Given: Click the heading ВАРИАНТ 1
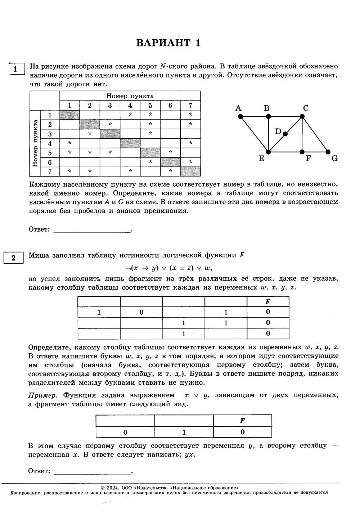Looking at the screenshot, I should click(x=168, y=43).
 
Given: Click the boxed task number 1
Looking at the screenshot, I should click(x=15, y=68).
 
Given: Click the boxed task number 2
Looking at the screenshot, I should click(x=13, y=258).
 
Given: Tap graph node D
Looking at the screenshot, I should click(x=285, y=134).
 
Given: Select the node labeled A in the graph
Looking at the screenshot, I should click(x=240, y=116).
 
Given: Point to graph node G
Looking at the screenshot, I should click(x=328, y=152).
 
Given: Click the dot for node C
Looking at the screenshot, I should click(x=302, y=116).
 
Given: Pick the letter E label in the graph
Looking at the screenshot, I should click(x=261, y=159).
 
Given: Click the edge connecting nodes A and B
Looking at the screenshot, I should click(x=254, y=116).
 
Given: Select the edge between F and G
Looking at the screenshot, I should click(x=315, y=152).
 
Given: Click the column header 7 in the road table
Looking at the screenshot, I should click(x=190, y=105).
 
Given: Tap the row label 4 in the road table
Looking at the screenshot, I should click(x=50, y=143).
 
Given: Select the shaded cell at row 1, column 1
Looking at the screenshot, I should click(x=69, y=115).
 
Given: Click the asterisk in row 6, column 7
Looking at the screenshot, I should click(x=190, y=162).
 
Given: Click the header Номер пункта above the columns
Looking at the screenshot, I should click(x=130, y=96).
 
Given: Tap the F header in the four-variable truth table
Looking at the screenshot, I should click(x=267, y=302).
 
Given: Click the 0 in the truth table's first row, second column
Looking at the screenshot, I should click(x=141, y=312).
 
